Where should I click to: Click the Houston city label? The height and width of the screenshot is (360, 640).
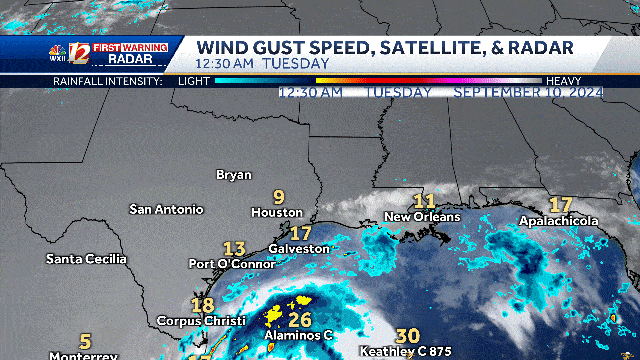[x=277, y=213]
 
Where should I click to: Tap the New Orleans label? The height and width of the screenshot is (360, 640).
[x=422, y=217]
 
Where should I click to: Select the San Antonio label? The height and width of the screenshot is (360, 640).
[x=166, y=209]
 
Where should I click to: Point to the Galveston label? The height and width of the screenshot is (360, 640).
[x=299, y=248]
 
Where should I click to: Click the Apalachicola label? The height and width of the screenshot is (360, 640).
[x=558, y=221]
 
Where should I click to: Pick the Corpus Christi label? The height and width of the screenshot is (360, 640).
[x=200, y=320]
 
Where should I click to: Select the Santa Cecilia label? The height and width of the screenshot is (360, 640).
[x=87, y=259]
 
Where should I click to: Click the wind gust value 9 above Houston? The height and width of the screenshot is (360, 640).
[x=279, y=197]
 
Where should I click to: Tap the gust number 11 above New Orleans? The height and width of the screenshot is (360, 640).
[x=424, y=201]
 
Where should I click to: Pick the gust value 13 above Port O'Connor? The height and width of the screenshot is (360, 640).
[x=235, y=248]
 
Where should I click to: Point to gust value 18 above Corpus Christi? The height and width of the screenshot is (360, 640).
[x=202, y=305]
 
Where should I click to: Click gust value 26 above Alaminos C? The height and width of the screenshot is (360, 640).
[x=299, y=320]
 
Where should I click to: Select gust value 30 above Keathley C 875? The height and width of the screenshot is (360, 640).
[x=407, y=336]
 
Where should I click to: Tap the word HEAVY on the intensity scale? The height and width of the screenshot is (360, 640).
[x=563, y=80]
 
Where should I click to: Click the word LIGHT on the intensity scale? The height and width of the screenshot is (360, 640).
[x=194, y=80]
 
